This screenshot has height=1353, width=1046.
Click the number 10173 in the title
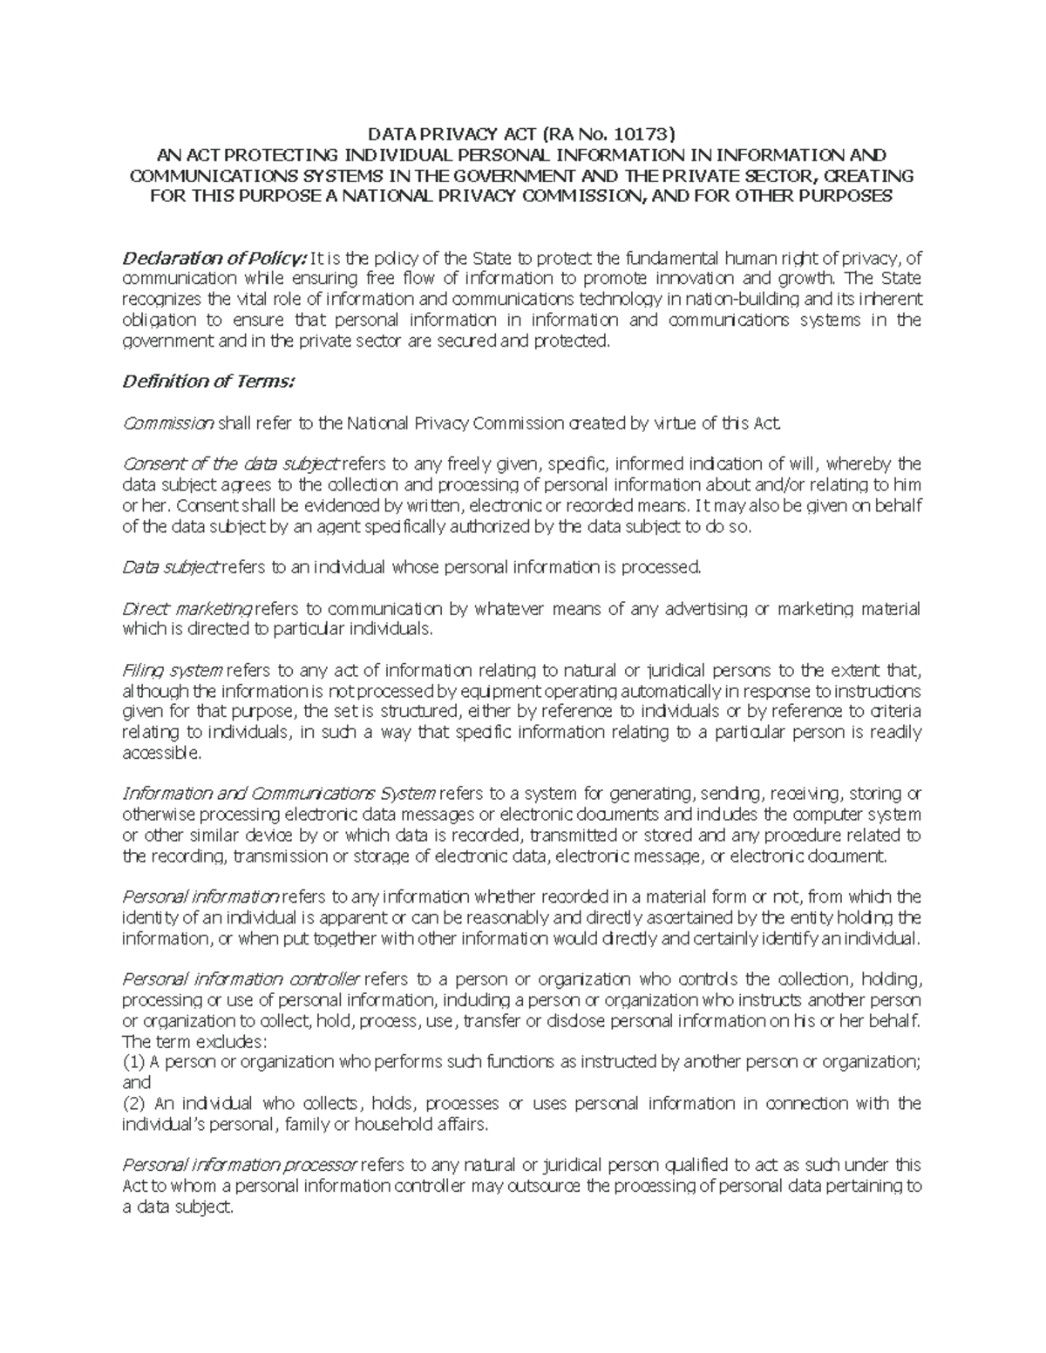click(x=644, y=134)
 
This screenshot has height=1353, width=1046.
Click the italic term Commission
click(x=168, y=423)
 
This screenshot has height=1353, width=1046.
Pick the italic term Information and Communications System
click(x=279, y=795)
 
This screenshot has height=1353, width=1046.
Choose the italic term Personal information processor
click(x=239, y=1166)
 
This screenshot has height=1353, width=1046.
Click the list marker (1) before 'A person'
click(x=133, y=1062)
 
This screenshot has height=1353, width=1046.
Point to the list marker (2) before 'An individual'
click(x=133, y=1104)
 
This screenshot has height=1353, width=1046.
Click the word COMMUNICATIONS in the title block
click(x=205, y=176)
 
